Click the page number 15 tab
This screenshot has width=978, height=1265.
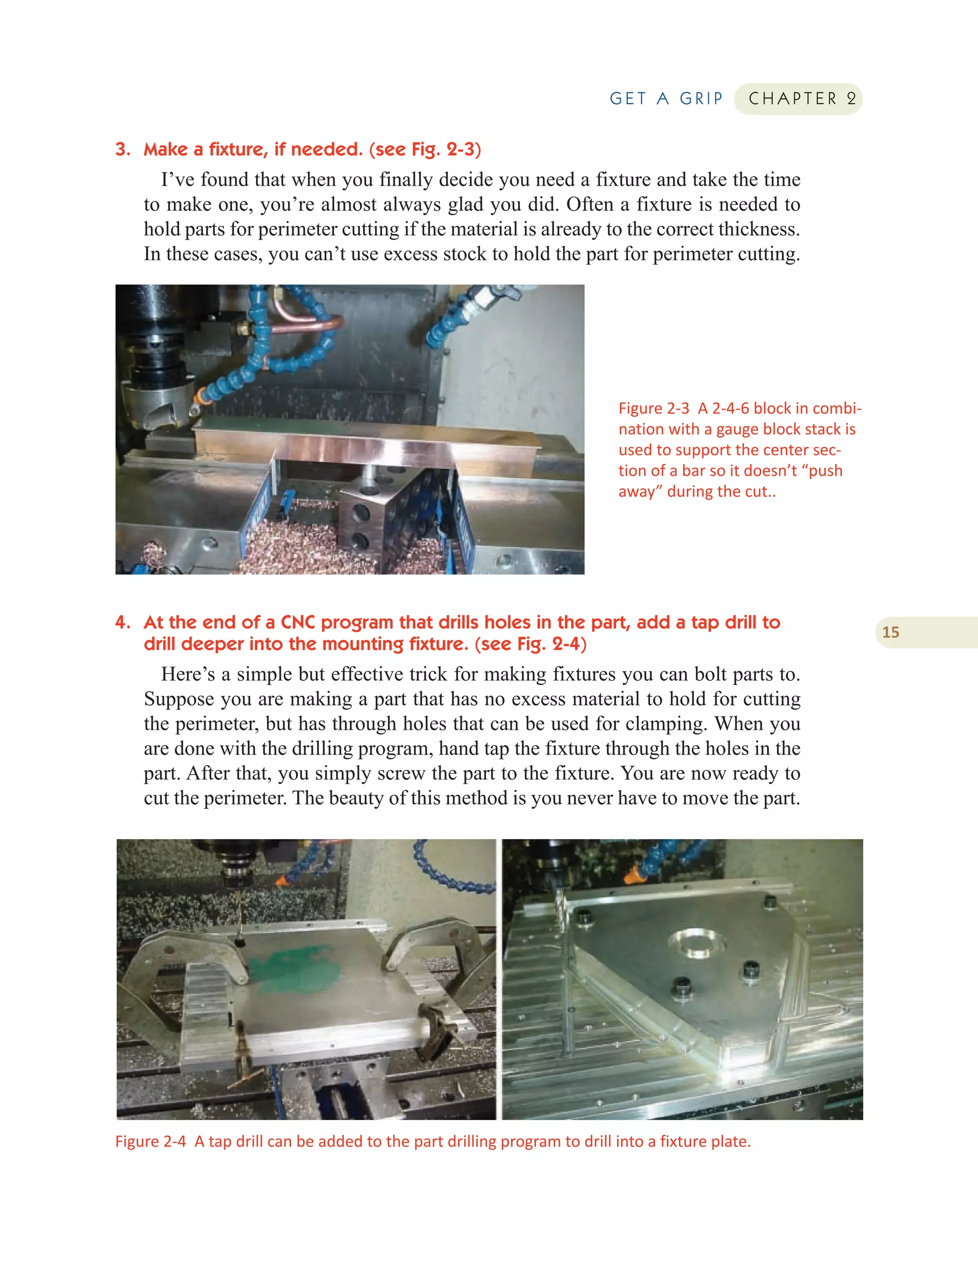click(891, 632)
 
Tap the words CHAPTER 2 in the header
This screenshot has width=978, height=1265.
click(801, 98)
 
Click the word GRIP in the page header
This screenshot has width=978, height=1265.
click(701, 98)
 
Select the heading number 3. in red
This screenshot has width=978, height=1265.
click(123, 149)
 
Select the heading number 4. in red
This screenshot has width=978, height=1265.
click(123, 622)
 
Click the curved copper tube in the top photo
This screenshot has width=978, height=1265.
click(313, 324)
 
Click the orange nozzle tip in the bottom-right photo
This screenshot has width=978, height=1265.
click(635, 876)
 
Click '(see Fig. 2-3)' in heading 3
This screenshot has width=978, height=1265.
click(425, 149)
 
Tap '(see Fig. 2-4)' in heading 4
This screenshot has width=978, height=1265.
click(530, 644)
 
